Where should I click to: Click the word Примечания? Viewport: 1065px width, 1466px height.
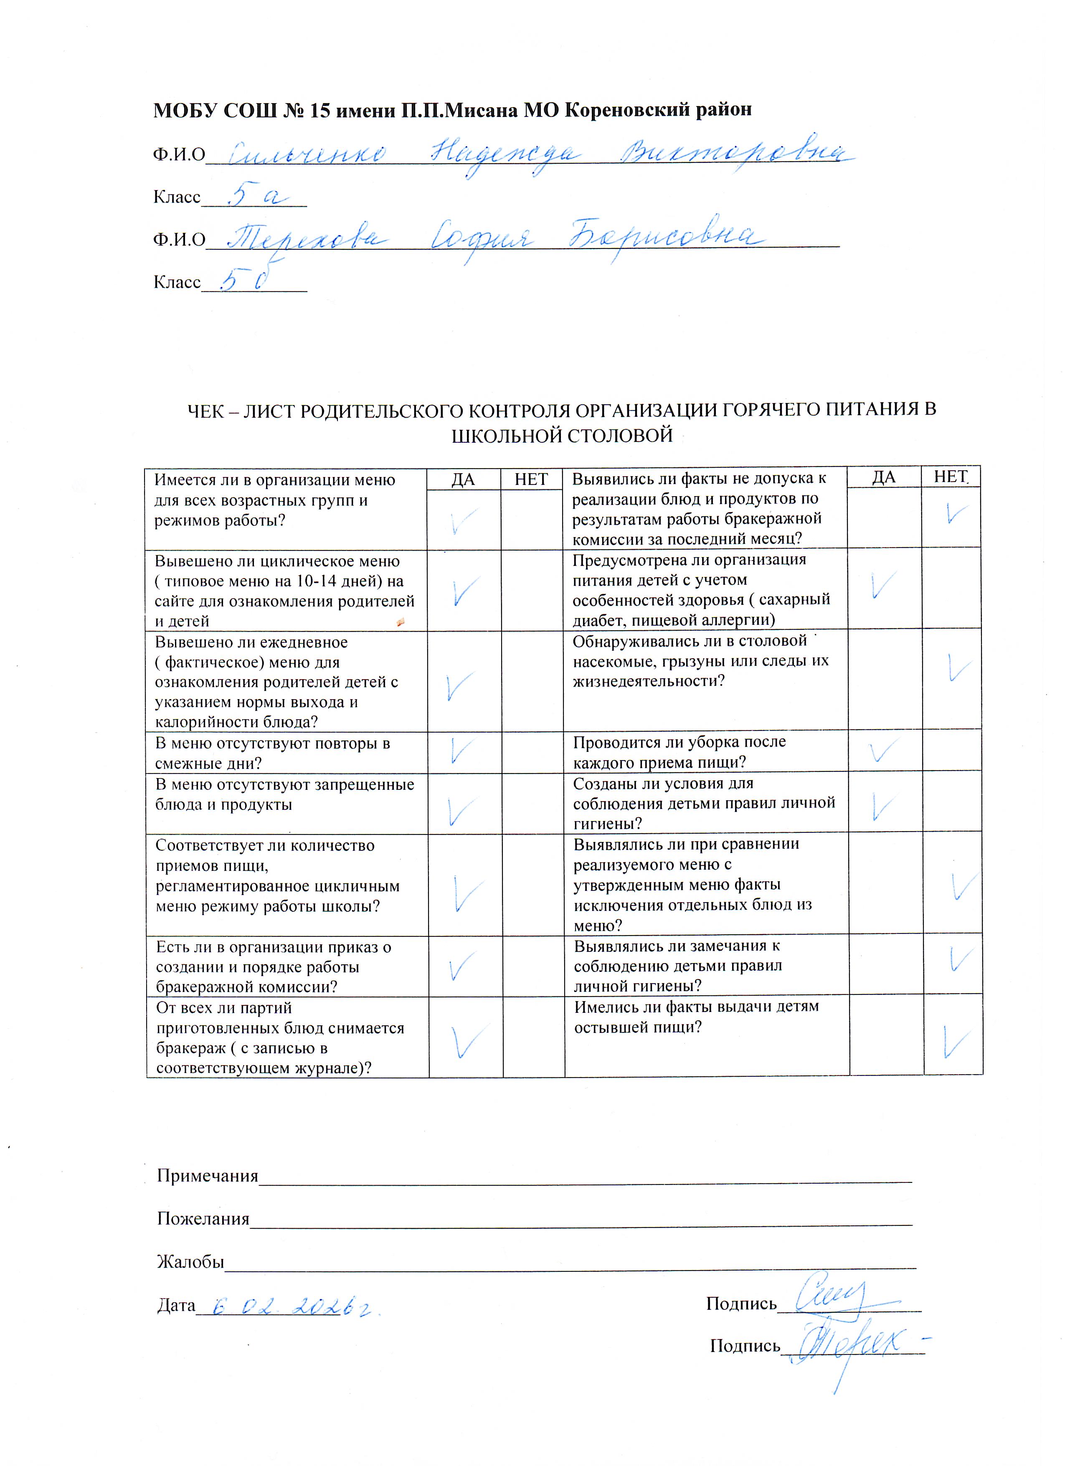tap(207, 1175)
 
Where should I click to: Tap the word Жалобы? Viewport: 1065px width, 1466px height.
tap(190, 1261)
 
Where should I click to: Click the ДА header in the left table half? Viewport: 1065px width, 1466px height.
tap(463, 479)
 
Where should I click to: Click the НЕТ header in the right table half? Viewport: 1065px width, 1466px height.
tap(950, 477)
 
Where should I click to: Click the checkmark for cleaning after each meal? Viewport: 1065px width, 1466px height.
tap(883, 751)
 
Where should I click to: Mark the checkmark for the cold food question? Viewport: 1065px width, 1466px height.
tap(956, 1042)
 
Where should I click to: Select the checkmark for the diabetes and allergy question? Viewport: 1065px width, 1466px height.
tap(883, 585)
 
